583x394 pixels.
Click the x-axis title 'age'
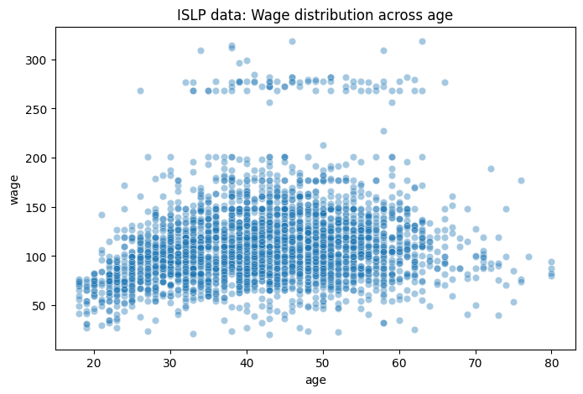(x=315, y=380)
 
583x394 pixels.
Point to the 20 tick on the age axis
(x=94, y=362)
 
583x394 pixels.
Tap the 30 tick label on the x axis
(x=170, y=362)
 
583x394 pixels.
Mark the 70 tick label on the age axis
(x=476, y=362)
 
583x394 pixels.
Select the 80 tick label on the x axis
(x=552, y=362)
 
